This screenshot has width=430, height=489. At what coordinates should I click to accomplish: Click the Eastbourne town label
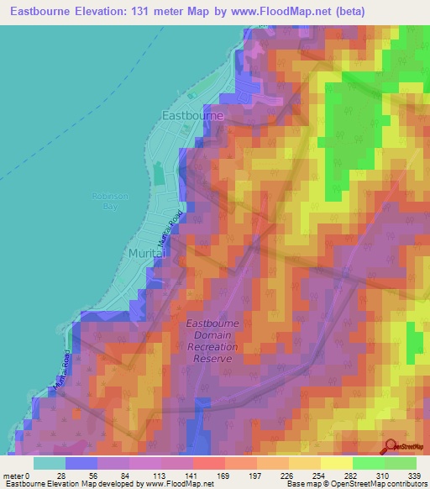(192, 115)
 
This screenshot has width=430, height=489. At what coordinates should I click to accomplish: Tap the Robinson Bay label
(107, 200)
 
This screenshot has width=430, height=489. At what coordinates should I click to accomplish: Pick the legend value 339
(414, 475)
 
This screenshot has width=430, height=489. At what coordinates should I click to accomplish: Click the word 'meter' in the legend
(14, 475)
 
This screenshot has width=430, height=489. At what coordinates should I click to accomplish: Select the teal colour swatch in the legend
(50, 463)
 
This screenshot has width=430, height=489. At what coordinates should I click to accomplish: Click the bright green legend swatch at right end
(401, 463)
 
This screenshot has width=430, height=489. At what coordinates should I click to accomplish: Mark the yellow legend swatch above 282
(337, 463)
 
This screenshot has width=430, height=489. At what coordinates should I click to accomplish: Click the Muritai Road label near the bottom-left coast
(60, 370)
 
